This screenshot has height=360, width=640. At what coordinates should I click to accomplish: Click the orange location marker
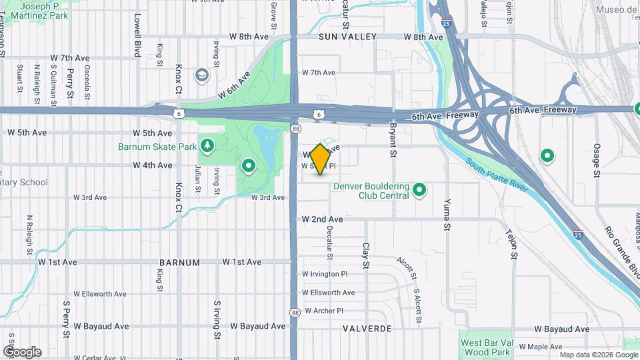320,159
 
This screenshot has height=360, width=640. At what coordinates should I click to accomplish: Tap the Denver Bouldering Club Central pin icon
419,191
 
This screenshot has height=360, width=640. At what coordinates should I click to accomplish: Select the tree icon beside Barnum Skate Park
208,145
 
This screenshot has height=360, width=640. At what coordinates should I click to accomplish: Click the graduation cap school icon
201,75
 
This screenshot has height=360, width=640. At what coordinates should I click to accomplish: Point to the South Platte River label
497,175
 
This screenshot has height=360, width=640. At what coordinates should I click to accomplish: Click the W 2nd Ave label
322,219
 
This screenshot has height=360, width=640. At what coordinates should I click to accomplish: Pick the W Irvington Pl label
325,274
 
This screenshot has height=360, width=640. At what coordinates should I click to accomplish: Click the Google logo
22,351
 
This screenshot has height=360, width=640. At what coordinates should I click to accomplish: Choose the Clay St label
365,256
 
